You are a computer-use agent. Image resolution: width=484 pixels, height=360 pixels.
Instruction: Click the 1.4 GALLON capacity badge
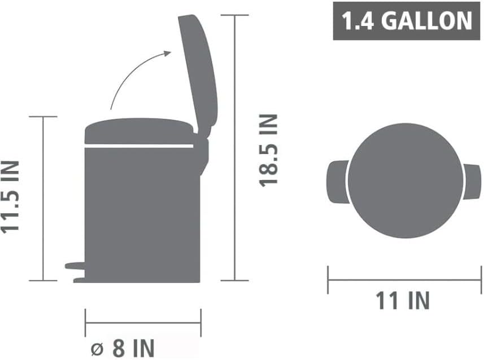click(406, 21)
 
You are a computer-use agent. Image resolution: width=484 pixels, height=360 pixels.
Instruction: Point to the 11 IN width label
click(403, 300)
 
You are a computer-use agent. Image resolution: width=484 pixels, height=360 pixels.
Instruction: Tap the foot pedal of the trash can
click(75, 266)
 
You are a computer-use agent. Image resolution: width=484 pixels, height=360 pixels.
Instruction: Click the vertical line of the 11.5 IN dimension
click(43, 197)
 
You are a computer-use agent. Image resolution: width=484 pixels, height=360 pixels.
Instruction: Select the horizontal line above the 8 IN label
click(143, 323)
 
